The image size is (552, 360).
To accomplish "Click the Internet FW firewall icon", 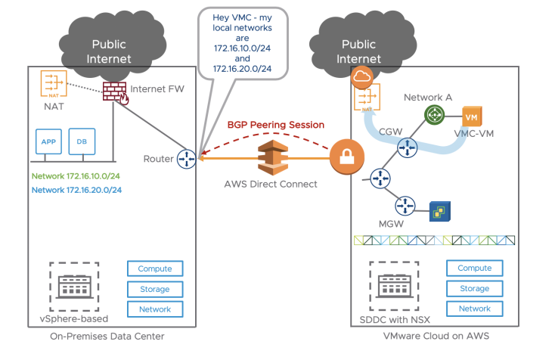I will (114, 92).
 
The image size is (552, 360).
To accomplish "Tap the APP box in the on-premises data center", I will (48, 141).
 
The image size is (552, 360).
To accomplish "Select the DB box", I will (81, 141).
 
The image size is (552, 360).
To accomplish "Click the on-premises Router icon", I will (186, 159).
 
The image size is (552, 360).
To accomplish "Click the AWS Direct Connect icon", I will (274, 157).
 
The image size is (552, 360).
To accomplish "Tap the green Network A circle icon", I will (433, 115).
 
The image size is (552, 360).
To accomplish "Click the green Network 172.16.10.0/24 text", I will (76, 176).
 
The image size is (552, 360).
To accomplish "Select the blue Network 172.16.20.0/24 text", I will (76, 190).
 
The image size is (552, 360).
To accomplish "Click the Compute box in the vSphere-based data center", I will (154, 268).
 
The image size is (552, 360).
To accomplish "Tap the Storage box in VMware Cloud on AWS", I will (474, 288).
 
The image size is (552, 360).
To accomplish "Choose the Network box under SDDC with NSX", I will (474, 309).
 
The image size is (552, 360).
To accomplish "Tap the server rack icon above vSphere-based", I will (74, 285).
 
